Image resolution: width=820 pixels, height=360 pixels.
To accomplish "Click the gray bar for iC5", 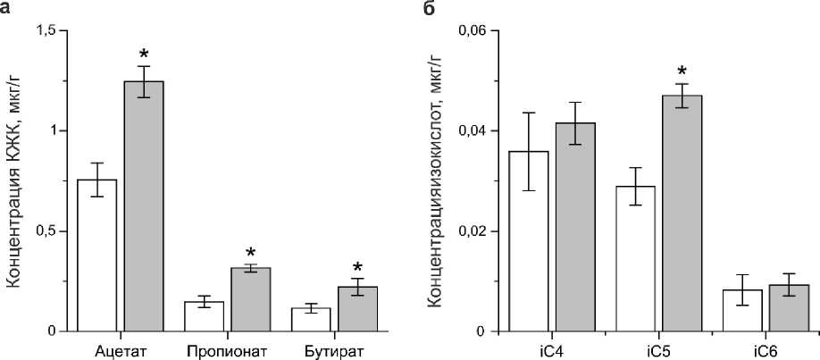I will pos(682,213).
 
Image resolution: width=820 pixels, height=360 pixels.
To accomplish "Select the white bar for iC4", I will pos(528,241).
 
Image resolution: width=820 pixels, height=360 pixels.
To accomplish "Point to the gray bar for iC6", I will pos(789,308).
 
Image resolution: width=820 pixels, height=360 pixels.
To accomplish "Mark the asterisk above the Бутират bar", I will pos(357,265).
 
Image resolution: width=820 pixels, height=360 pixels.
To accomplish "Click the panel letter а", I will pos(8,8).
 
